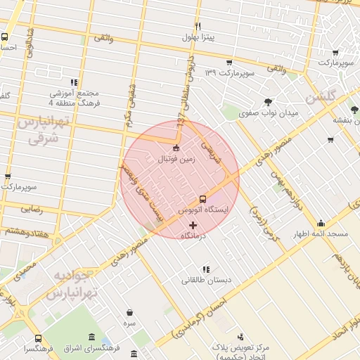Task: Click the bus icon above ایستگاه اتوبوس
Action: [202, 199]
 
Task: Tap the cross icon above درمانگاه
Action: [193, 225]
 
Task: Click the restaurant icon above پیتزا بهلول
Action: [198, 26]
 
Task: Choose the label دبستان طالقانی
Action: [207, 281]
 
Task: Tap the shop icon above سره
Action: [129, 312]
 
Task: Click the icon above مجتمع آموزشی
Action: [74, 82]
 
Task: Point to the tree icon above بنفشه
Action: [354, 110]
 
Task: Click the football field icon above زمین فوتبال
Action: [176, 148]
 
